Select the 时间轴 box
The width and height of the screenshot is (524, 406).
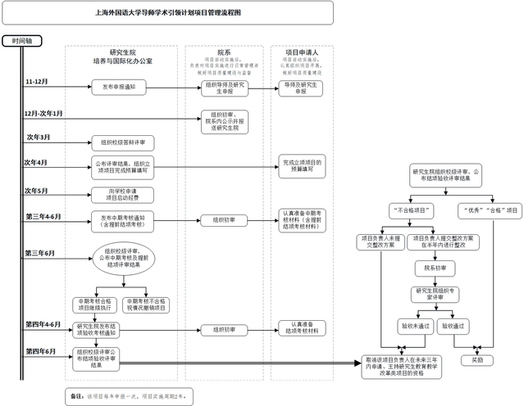pos(18,40)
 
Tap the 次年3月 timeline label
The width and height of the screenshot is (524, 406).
pos(39,137)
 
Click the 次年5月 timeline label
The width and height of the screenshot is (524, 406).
pos(38,191)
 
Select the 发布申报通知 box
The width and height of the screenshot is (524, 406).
pos(124,86)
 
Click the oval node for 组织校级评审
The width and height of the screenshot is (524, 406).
pos(123,259)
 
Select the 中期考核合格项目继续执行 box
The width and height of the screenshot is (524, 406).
pos(96,304)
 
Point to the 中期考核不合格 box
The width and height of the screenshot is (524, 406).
pos(148,304)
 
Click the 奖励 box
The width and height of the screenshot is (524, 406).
pos(478,359)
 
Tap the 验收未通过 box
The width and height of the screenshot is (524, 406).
pos(415,326)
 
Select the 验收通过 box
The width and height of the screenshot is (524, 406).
pos(453,326)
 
